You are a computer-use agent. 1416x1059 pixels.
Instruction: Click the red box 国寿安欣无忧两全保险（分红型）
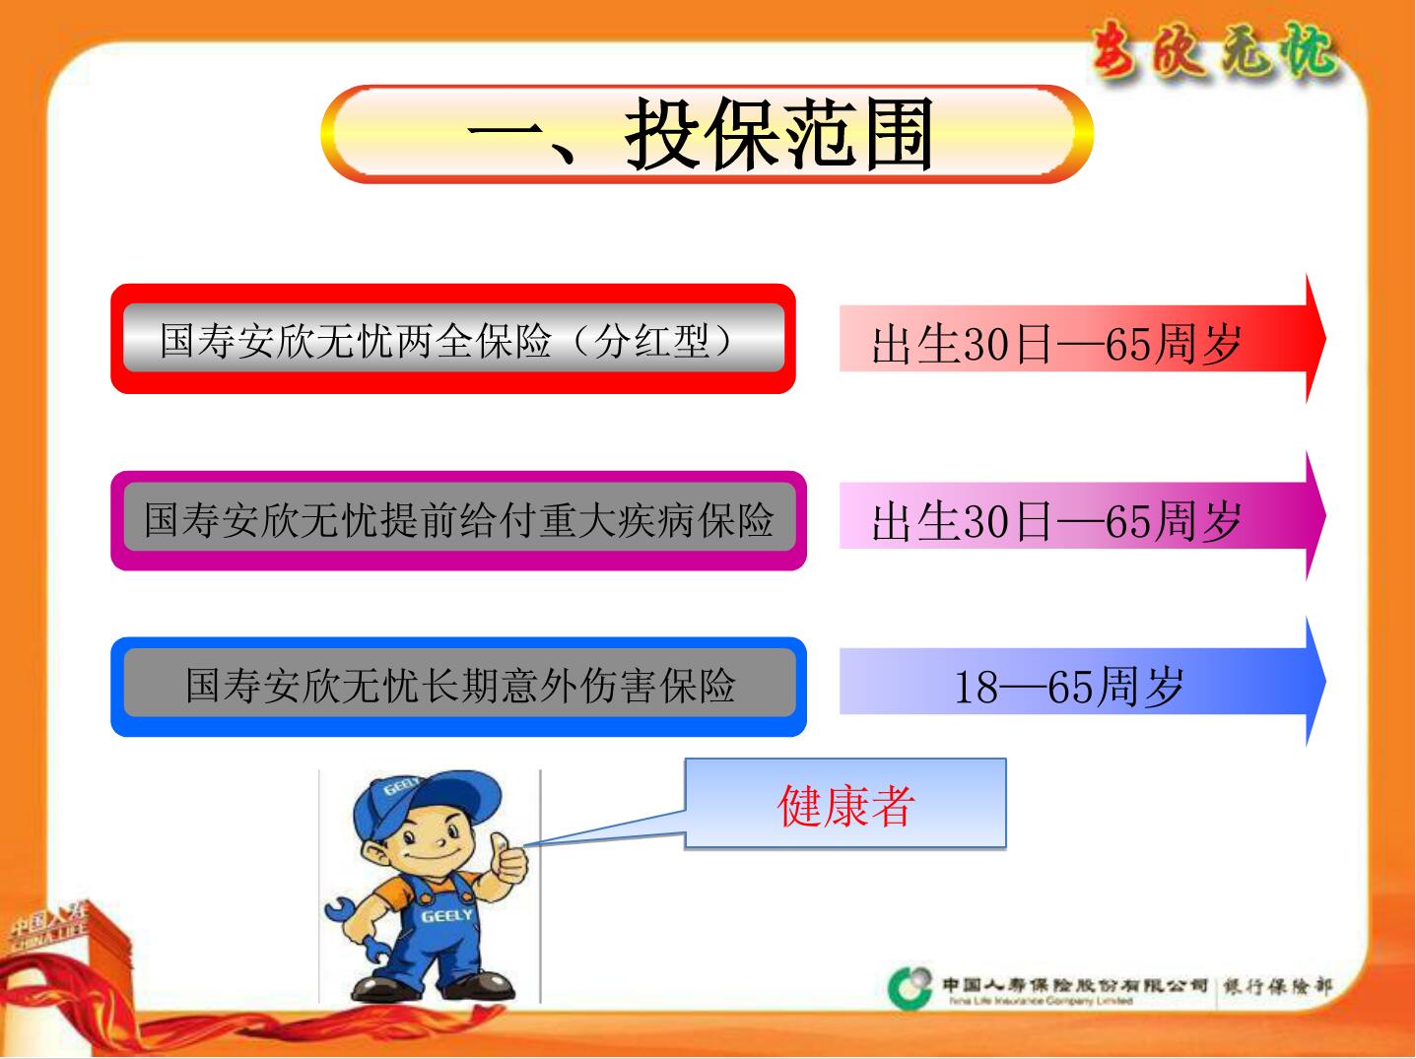(x=452, y=340)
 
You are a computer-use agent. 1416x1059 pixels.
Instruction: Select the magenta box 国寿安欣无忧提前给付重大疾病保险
(x=458, y=520)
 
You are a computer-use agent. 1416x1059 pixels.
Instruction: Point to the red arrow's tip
(x=1322, y=339)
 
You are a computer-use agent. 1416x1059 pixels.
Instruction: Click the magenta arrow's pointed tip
(x=1322, y=515)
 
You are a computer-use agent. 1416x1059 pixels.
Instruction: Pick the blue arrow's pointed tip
(x=1322, y=682)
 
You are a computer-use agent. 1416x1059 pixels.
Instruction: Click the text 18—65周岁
(x=1068, y=687)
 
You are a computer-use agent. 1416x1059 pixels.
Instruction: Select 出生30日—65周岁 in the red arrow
(x=1055, y=344)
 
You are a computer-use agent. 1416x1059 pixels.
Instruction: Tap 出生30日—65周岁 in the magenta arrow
(x=1055, y=521)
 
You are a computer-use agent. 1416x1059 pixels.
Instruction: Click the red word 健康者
(x=845, y=805)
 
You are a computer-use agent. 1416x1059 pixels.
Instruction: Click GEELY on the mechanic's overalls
(x=446, y=916)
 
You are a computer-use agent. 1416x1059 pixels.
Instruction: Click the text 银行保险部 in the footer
(x=1277, y=986)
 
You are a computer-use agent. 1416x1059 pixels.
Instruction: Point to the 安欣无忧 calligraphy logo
(x=1215, y=49)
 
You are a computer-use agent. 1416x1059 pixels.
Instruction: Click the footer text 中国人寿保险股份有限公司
(x=1074, y=984)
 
